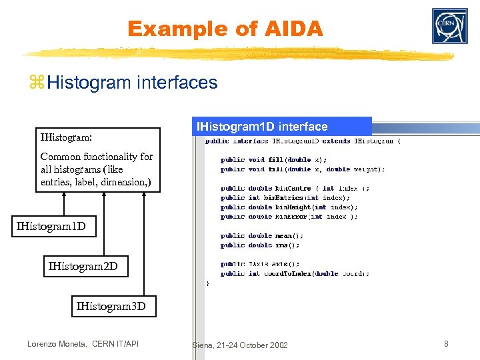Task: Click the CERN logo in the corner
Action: (x=449, y=26)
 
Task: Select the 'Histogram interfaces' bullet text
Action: (x=133, y=83)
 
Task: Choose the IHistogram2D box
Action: (x=83, y=267)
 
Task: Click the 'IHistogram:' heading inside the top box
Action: (x=66, y=138)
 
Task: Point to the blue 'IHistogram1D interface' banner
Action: (x=281, y=126)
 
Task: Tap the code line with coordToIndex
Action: (x=295, y=273)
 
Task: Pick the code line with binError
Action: (x=289, y=216)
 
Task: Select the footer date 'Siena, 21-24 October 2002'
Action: (x=239, y=345)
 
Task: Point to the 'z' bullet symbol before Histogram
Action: (x=37, y=83)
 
